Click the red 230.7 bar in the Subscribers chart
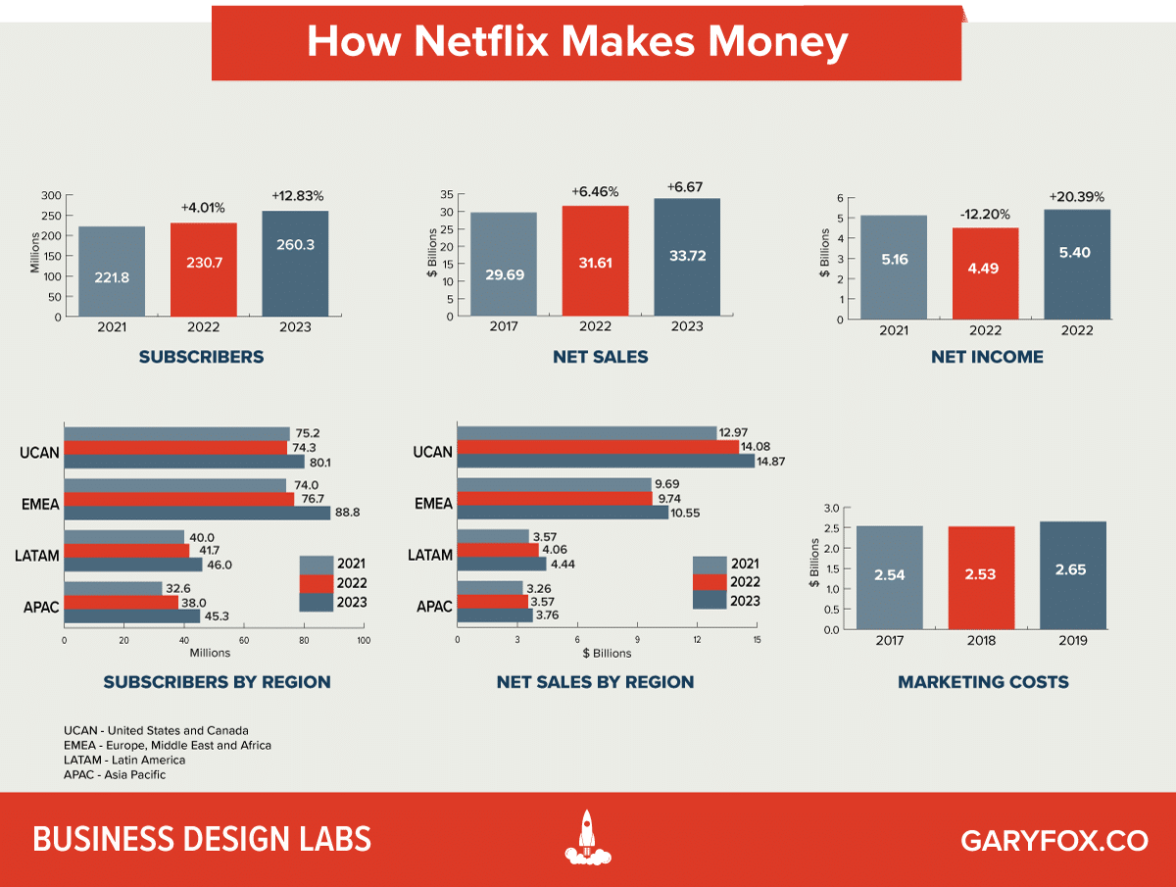pos(203,269)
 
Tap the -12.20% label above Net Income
pos(984,214)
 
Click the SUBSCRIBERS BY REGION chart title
pos(217,682)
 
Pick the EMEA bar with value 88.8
pos(197,512)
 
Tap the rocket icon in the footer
pos(587,838)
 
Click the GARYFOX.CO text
pos(1054,841)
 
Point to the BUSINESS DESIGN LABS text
pos(202,840)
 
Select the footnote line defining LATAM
pos(124,760)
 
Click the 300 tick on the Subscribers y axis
pos(51,196)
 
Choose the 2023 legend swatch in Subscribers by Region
pos(317,601)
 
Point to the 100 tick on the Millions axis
pos(364,641)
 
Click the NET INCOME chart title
pos(987,358)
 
